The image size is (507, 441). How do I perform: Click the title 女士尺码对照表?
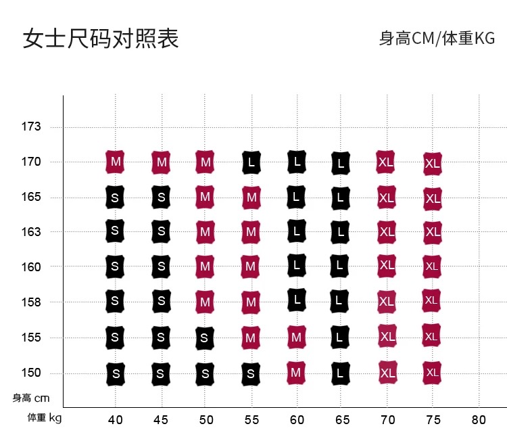[101, 39]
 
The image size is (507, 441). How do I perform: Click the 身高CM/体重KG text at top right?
[437, 39]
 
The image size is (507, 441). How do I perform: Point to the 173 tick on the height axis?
[31, 126]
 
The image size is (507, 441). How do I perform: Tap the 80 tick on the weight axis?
[478, 419]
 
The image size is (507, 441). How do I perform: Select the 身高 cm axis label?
[31, 398]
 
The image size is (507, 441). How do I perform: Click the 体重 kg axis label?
[44, 418]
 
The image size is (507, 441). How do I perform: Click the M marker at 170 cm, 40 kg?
[116, 162]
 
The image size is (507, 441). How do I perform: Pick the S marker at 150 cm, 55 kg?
[251, 373]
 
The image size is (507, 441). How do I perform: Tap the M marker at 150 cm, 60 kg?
[295, 372]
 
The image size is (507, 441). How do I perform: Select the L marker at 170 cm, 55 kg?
[251, 162]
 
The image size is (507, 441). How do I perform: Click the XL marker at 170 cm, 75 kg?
[433, 164]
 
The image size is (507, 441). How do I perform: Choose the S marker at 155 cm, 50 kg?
[206, 337]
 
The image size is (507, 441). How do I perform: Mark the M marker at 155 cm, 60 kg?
[295, 336]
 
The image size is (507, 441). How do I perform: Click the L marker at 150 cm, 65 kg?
[341, 373]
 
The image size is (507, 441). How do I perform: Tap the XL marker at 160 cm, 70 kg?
[387, 265]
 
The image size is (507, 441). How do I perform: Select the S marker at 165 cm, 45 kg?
[161, 197]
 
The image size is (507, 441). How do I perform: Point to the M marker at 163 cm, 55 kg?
[251, 232]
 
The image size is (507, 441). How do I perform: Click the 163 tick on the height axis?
[31, 232]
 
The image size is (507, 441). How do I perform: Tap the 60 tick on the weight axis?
[296, 419]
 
